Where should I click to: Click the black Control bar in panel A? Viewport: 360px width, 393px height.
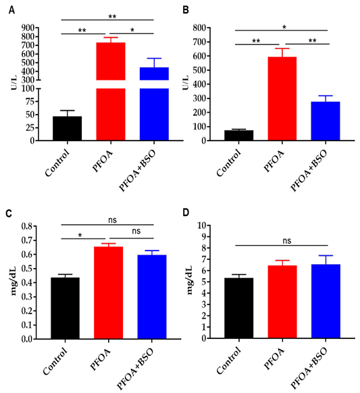pos(67,128)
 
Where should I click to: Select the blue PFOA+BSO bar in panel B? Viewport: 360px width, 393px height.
pos(326,121)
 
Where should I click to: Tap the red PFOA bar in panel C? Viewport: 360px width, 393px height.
pos(108,293)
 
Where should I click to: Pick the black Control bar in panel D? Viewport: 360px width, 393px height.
pos(238,308)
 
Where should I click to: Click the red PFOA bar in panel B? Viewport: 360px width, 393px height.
pos(282,99)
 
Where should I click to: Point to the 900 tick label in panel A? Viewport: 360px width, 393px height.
pos(28,28)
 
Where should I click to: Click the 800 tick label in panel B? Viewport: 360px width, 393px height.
pos(199,28)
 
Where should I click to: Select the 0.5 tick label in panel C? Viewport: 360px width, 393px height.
pos(27,269)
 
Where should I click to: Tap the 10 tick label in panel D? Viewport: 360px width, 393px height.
pos(201,226)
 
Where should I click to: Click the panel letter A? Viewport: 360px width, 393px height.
pos(11,10)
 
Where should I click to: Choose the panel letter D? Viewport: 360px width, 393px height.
pos(186,213)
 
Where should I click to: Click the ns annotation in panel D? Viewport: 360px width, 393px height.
pos(287,241)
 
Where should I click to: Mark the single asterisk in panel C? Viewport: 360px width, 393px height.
pos(80,235)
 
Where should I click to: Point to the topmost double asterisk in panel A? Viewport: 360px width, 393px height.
pos(112,16)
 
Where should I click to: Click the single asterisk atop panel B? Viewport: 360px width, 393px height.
pos(284,27)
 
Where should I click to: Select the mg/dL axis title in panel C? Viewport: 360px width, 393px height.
pos(14,281)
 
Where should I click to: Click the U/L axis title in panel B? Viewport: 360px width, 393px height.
pos(186,82)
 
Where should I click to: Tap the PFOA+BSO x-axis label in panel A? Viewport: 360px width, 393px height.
pos(137,170)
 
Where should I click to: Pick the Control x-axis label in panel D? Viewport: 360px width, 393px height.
pos(229,361)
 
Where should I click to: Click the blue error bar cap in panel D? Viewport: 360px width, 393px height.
pos(326,255)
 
